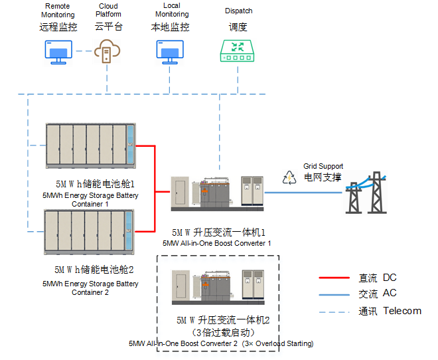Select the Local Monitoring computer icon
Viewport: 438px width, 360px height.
point(169,52)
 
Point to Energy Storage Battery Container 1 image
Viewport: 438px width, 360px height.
point(90,145)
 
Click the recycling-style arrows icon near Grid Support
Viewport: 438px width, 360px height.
point(290,177)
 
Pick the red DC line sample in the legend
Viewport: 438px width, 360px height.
point(334,278)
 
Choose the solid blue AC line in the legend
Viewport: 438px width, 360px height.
point(334,294)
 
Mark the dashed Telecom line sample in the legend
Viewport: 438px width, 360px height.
point(334,311)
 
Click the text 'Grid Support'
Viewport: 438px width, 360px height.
point(323,166)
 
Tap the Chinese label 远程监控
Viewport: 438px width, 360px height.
point(58,27)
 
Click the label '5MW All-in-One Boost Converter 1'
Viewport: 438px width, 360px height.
point(217,244)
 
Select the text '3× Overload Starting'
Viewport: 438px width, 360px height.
point(278,343)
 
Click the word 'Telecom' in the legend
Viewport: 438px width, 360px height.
point(402,311)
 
